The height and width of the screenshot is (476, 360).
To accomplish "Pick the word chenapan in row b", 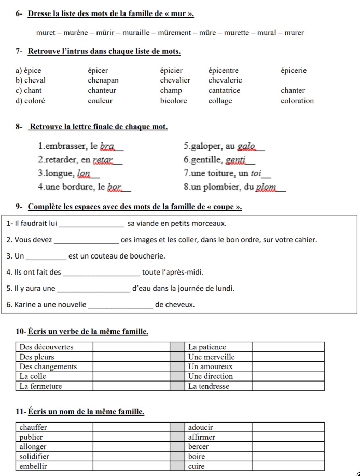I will click(103, 80).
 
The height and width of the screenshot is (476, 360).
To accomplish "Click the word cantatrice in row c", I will click(224, 90).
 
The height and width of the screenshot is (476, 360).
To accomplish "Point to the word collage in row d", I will click(220, 101).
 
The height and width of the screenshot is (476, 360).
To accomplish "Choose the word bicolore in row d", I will click(173, 101).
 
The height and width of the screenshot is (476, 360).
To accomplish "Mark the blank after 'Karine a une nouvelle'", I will click(121, 304).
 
